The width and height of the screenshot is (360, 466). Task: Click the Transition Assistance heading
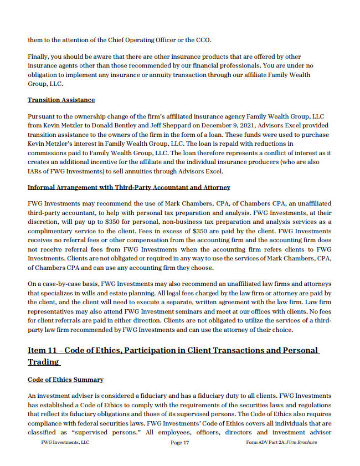point(61,100)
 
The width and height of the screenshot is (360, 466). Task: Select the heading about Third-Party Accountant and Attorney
point(128,187)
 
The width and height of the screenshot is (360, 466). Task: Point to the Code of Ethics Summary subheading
point(65,380)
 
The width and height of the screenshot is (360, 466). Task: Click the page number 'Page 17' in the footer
point(180,443)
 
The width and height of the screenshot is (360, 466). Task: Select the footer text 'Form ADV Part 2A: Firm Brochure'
point(281,443)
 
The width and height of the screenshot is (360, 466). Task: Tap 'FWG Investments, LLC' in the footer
point(65,443)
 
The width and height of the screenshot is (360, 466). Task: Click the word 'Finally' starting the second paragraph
point(39,57)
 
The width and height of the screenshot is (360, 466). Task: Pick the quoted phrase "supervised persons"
point(94,432)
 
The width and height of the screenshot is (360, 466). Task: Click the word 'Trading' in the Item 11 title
point(43,362)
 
